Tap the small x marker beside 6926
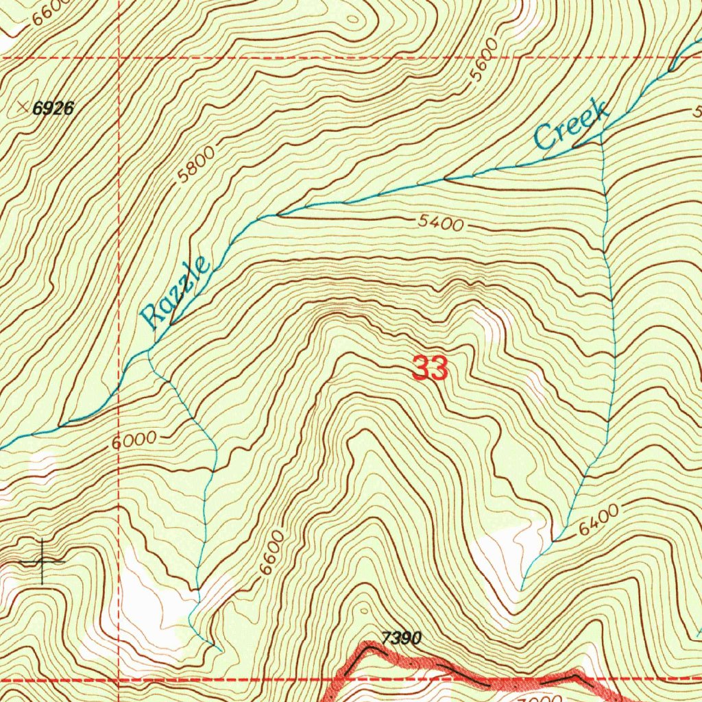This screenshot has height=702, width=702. coord(24,106)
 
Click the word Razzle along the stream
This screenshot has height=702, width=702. coord(174,293)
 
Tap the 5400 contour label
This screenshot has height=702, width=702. coord(439,223)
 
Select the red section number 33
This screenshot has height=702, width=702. coord(431,370)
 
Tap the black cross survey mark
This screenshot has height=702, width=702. coord(42,561)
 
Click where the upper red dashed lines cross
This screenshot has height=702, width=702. coord(119,58)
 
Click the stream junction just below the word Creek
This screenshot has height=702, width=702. coord(601,135)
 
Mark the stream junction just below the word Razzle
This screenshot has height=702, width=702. coord(149,352)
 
